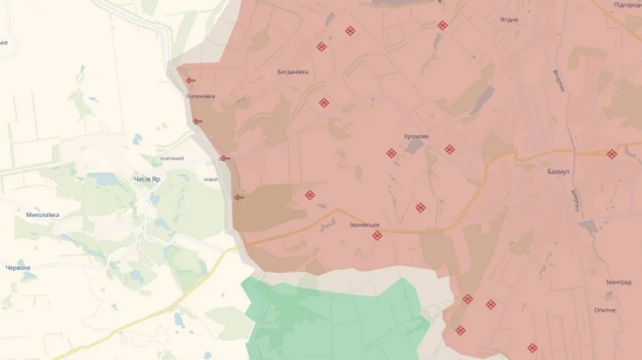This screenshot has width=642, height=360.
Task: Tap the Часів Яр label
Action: [147, 179]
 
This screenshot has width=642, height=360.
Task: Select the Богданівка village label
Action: [292, 72]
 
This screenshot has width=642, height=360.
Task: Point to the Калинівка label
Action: [200, 96]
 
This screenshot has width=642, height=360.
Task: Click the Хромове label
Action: [416, 136]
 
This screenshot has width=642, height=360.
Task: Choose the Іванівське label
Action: [365, 225]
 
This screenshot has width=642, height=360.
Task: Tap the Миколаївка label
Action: [43, 215]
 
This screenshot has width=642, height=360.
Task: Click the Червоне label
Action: [19, 268]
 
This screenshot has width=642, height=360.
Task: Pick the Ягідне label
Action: [509, 20]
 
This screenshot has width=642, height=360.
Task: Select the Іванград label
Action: [618, 282]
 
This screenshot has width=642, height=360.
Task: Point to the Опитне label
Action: [605, 310]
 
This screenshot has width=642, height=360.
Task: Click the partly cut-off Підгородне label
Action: [628, 5]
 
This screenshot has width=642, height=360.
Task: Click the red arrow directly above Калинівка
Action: [190, 81]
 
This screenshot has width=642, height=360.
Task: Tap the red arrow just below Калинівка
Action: [198, 121]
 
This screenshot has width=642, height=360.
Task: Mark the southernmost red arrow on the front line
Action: [239, 197]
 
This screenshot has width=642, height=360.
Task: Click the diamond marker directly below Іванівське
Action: [377, 235]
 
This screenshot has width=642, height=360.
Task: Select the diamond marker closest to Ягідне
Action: [442, 26]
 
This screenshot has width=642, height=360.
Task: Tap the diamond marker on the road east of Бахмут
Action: [611, 154]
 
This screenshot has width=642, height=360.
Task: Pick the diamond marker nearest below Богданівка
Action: [324, 103]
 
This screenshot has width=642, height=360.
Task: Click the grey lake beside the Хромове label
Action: [413, 146]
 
